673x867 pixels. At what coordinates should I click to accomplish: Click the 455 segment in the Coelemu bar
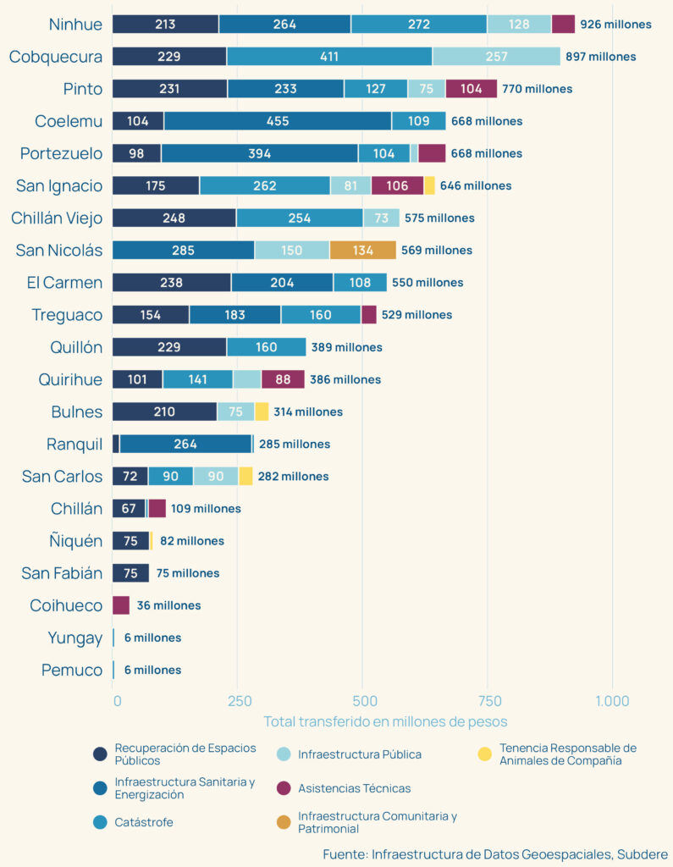[x=278, y=121]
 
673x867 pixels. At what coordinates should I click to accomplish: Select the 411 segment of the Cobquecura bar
[x=329, y=57]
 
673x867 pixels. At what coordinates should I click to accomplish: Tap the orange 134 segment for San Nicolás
[x=362, y=251]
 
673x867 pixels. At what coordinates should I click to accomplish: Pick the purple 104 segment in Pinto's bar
[x=471, y=89]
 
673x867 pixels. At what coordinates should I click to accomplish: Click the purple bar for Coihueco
[x=121, y=605]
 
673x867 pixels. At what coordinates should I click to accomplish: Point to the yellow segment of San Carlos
[x=245, y=476]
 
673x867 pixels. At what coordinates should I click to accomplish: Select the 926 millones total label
[x=615, y=25]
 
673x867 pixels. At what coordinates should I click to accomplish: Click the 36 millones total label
[x=168, y=605]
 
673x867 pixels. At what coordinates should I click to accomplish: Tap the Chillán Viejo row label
[x=56, y=218]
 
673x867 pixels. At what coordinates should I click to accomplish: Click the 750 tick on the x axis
[x=487, y=701]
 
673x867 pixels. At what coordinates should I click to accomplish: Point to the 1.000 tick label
[x=612, y=701]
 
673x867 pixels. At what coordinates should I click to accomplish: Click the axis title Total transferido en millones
[x=385, y=721]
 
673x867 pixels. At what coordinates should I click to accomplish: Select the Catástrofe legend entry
[x=143, y=822]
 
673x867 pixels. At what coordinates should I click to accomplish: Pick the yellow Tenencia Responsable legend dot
[x=484, y=754]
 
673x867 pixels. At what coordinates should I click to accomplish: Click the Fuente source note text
[x=495, y=854]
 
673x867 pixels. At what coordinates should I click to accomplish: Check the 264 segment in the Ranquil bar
[x=185, y=444]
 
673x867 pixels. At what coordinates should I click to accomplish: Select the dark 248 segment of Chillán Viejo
[x=174, y=218]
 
